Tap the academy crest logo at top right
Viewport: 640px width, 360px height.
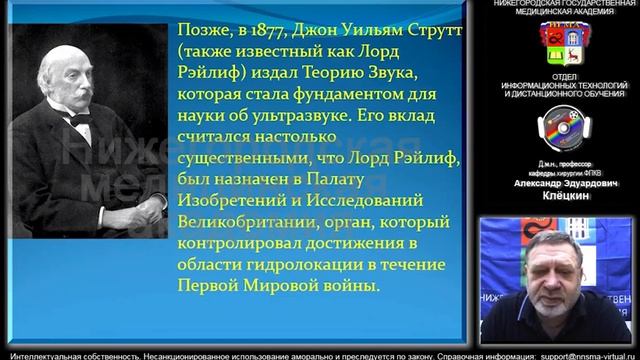[x=558, y=43]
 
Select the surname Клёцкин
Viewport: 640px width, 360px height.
[x=559, y=197]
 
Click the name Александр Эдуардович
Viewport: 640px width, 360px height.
[x=559, y=184]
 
